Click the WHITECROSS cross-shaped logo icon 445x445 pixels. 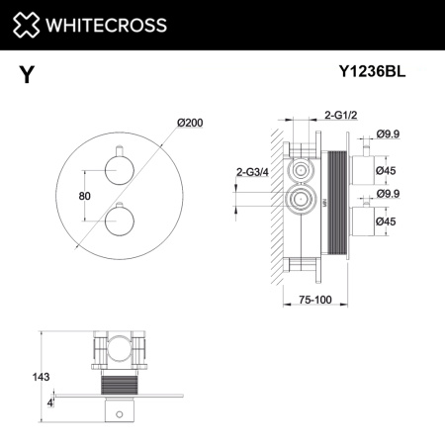click(26, 25)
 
